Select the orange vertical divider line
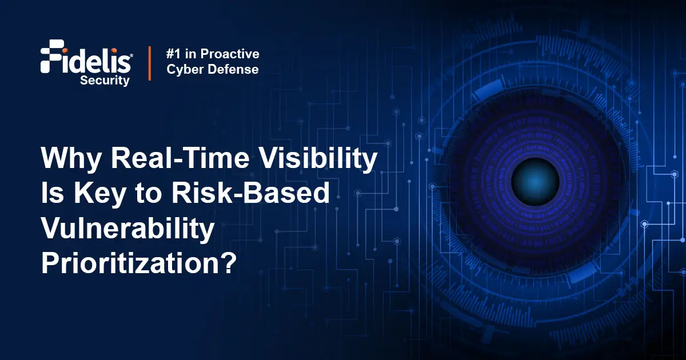tap(150, 63)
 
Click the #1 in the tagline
tap(174, 54)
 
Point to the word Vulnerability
tap(126, 229)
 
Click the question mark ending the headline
tap(227, 263)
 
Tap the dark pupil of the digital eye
tap(535, 181)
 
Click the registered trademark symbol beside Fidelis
tap(132, 56)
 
